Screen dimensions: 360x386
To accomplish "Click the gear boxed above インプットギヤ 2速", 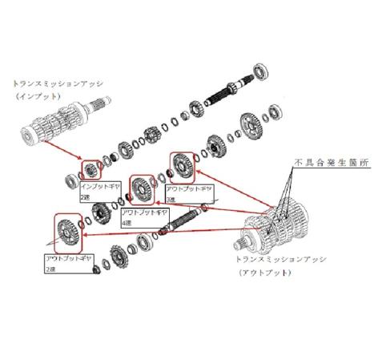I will pos(91,169).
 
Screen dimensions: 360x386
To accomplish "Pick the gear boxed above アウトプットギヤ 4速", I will pos(142,192).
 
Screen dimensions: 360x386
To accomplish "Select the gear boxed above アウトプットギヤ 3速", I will pos(182,166).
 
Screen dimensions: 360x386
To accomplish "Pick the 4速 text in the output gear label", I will pos(126,223).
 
